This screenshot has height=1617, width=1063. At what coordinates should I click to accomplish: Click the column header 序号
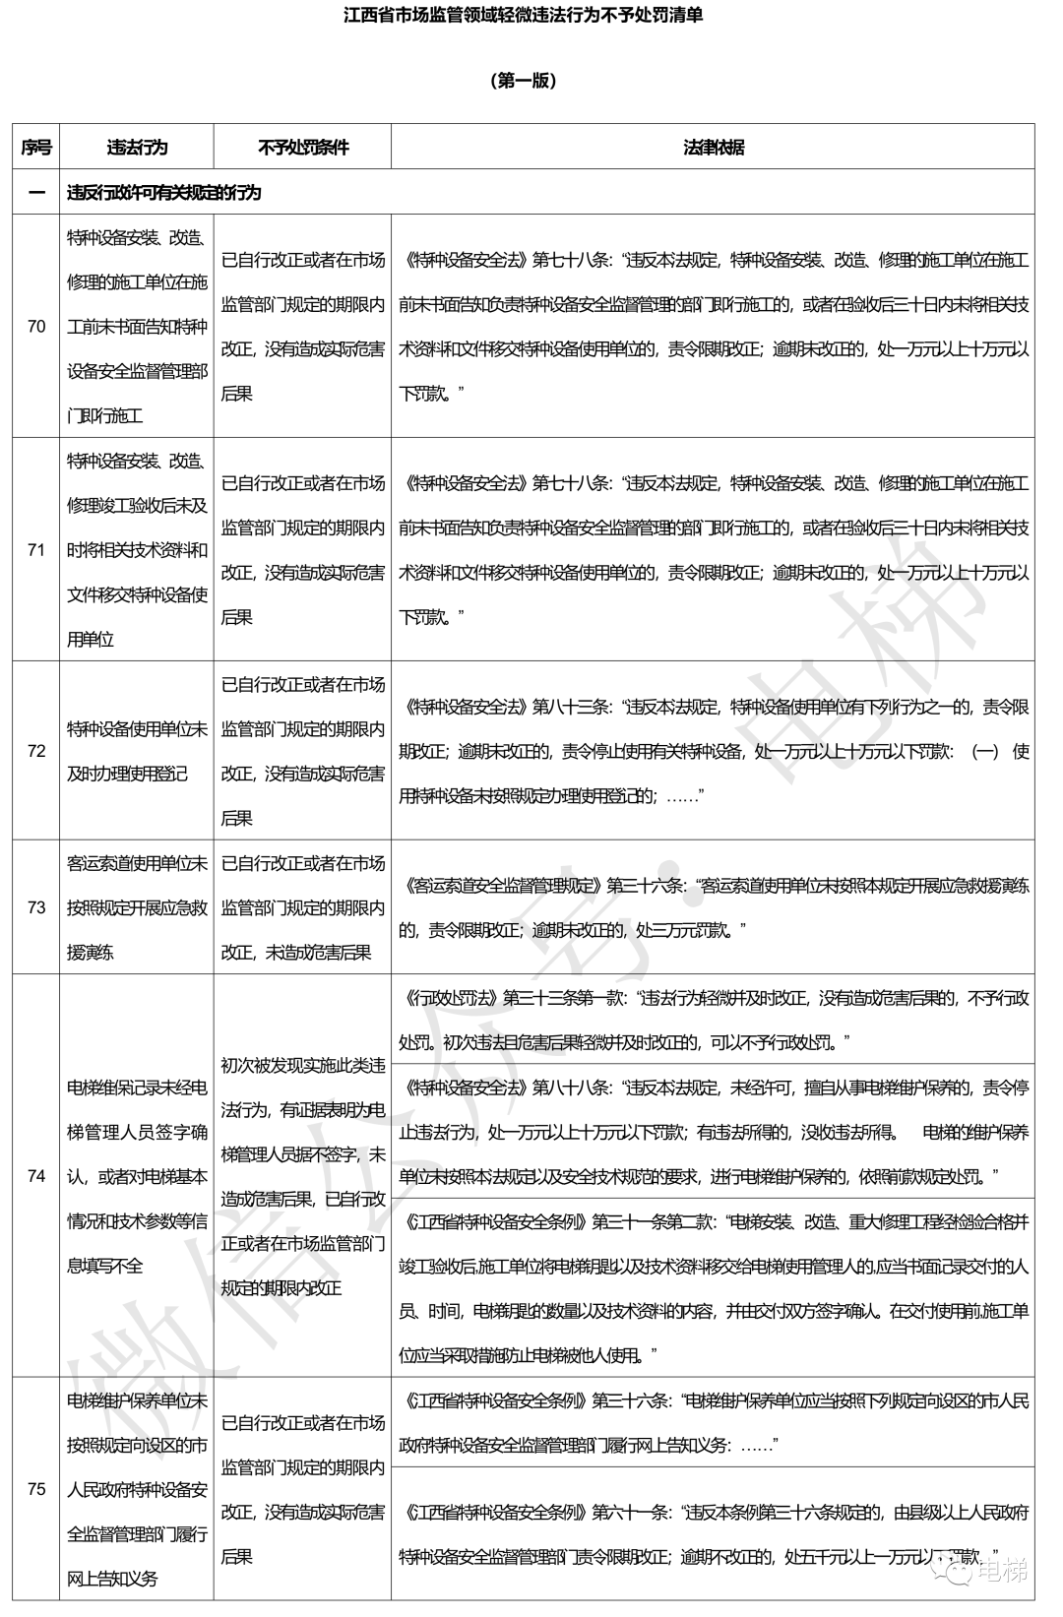[36, 148]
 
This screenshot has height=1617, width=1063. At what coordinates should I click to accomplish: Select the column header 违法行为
[137, 148]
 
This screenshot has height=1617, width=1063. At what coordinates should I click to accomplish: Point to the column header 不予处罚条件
[302, 148]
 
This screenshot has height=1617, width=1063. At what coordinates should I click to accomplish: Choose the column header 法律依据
[713, 148]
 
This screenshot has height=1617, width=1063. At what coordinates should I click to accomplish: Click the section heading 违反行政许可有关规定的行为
[163, 192]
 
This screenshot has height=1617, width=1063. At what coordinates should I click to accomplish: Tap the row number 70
[36, 326]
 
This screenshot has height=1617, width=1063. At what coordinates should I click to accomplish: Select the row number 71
[36, 549]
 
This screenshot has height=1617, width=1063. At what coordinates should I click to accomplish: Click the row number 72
[36, 750]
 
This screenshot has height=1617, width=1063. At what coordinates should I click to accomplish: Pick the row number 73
[36, 906]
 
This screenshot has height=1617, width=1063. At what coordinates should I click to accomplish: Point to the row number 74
[36, 1175]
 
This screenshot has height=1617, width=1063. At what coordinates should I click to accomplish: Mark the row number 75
[36, 1488]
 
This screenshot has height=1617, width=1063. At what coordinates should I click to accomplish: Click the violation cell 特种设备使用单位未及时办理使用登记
[137, 751]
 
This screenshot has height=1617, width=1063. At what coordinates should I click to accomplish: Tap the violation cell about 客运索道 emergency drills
[137, 907]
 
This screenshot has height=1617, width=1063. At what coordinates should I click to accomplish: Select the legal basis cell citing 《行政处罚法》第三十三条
[713, 1019]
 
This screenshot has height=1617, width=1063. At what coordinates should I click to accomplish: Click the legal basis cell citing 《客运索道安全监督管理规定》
[713, 906]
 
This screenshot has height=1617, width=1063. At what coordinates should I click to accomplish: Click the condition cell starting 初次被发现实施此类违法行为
[302, 1176]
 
